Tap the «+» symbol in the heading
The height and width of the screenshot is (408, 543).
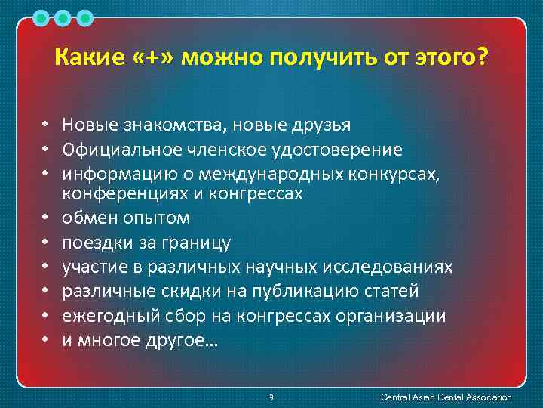pyautogui.click(x=149, y=58)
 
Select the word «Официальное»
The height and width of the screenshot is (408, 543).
pyautogui.click(x=121, y=149)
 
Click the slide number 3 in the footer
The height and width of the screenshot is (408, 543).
pyautogui.click(x=271, y=397)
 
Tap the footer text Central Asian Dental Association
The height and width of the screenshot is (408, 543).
pyautogui.click(x=446, y=397)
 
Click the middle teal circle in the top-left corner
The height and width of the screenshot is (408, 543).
pyautogui.click(x=63, y=17)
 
